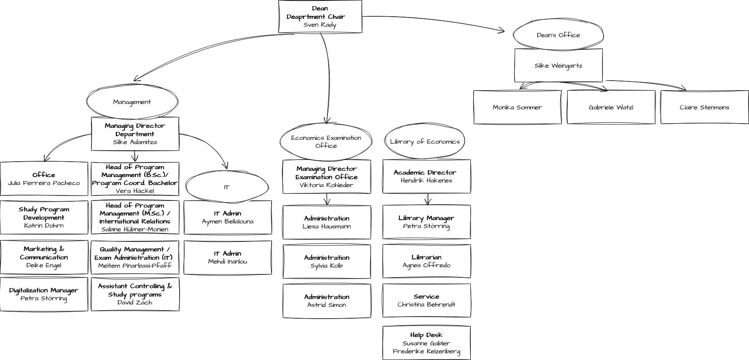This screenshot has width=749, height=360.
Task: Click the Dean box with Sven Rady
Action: (x=320, y=17)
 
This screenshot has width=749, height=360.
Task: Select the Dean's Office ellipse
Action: (x=558, y=35)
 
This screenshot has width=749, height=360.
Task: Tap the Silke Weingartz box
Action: (x=558, y=66)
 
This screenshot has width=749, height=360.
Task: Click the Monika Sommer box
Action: (x=517, y=107)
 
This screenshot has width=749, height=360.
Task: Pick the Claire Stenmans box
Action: (x=704, y=107)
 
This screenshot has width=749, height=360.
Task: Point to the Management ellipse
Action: (x=132, y=102)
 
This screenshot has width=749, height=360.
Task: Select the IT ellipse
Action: (x=227, y=187)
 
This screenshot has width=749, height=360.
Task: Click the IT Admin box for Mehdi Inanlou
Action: (x=228, y=258)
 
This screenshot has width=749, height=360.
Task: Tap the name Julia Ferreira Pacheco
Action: (x=44, y=183)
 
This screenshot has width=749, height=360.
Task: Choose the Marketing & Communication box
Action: (x=44, y=257)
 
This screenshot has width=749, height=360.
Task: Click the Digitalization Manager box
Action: (x=44, y=294)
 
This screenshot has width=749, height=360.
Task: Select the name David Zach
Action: (x=135, y=302)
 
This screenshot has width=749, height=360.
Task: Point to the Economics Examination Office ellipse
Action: (x=326, y=142)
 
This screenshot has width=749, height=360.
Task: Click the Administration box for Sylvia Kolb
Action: (x=327, y=261)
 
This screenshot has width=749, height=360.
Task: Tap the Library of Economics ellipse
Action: (x=425, y=142)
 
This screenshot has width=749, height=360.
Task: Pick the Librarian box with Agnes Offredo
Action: (x=427, y=261)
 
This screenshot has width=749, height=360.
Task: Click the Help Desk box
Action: (x=427, y=343)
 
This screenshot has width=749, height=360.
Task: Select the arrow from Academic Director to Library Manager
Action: (x=428, y=199)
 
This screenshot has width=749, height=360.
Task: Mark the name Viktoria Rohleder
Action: (x=326, y=185)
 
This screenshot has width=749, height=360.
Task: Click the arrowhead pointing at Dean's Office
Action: (x=501, y=30)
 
